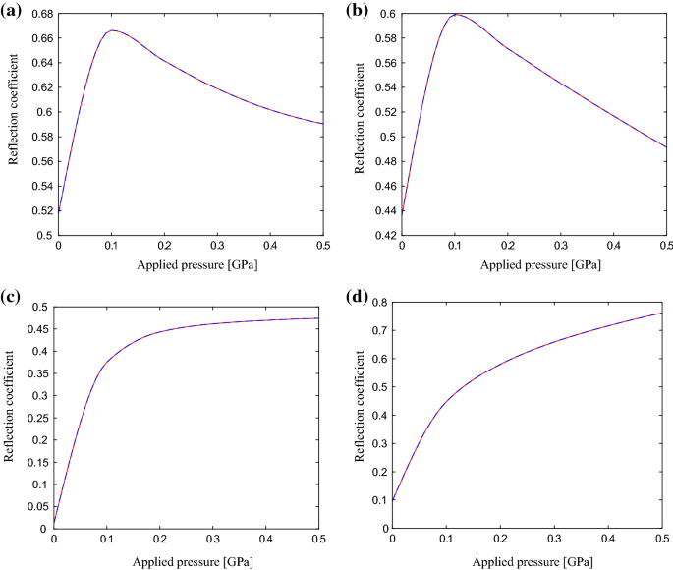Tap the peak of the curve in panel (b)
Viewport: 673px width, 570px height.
coord(455,14)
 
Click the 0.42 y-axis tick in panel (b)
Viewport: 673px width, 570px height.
coord(383,236)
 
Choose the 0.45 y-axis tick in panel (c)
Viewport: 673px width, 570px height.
coord(37,329)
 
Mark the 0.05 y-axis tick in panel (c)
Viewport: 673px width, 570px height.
coord(37,506)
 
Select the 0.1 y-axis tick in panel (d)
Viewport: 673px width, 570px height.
coord(376,500)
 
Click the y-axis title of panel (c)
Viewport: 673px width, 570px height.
coord(10,417)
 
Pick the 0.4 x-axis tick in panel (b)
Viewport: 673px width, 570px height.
coord(613,246)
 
